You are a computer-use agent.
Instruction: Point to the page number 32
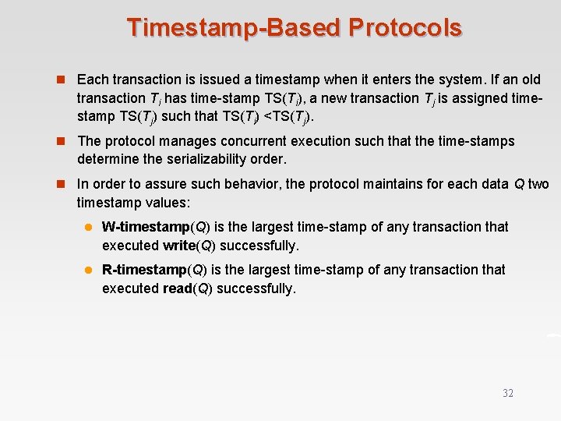[x=508, y=393]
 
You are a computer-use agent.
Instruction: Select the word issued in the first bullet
[x=215, y=80]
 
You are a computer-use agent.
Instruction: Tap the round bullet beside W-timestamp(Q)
[x=89, y=228]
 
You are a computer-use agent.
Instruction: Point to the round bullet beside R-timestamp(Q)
[x=89, y=271]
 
